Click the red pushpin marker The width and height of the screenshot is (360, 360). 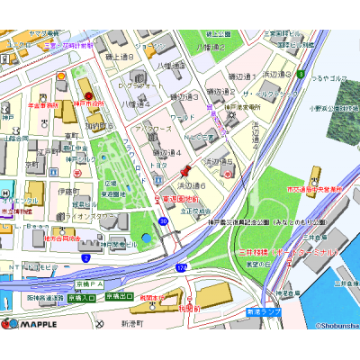pos(185,169)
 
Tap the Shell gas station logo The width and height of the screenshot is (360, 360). pos(61,76)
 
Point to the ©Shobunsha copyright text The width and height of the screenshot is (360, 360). pos(336,328)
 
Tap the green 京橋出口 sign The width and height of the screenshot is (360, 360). pos(120,295)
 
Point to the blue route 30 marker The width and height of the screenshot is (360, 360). pos(163,220)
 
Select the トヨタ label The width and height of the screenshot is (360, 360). pos(159,166)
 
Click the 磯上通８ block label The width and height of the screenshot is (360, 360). pos(119,57)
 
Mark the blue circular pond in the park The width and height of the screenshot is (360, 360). pos(147,238)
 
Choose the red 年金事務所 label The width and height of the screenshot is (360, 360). pos(42,104)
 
